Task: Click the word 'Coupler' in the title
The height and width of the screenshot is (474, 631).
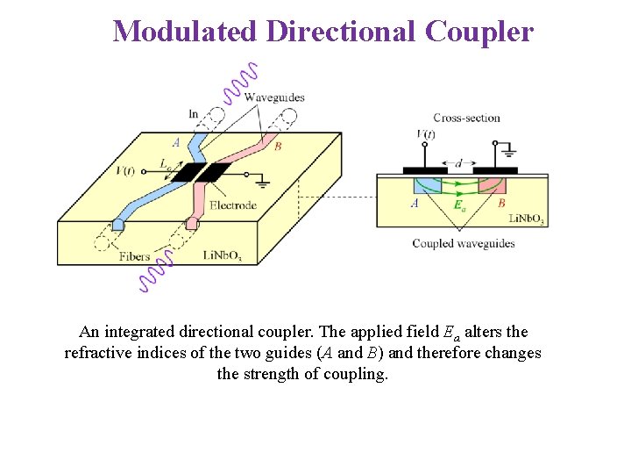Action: [x=479, y=32]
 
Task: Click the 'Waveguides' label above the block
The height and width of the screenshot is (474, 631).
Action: [x=274, y=97]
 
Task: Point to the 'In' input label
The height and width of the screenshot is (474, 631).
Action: [x=194, y=113]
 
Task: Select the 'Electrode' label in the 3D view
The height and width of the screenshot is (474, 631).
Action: [x=233, y=206]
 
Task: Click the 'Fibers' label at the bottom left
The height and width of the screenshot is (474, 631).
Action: [x=134, y=256]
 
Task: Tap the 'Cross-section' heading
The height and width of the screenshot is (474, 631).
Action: [x=466, y=118]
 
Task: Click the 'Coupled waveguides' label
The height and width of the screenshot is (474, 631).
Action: [x=463, y=243]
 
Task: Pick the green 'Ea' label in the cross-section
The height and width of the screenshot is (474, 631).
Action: [x=459, y=205]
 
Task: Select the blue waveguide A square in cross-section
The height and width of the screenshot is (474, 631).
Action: [x=427, y=187]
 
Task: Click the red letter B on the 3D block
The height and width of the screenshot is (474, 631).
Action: [x=278, y=147]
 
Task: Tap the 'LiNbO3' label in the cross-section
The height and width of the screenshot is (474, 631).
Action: [x=526, y=219]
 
